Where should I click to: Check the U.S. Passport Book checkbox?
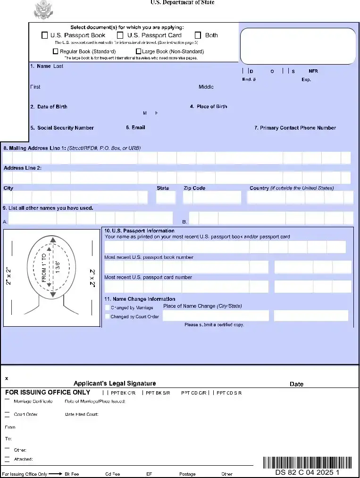[45, 35]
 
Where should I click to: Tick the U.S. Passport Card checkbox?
[120, 35]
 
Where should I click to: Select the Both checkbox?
[198, 35]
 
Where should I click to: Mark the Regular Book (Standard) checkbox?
[56, 51]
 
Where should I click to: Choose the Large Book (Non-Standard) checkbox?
[139, 51]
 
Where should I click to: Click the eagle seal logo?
[43, 10]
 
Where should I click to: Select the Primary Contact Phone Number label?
[298, 128]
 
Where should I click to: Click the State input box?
[165, 197]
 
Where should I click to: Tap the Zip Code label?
[194, 188]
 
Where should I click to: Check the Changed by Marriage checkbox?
[108, 308]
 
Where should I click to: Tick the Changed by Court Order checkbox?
[108, 317]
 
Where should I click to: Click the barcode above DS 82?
[307, 462]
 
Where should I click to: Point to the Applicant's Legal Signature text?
[115, 383]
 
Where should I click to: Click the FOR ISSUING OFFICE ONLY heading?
[48, 392]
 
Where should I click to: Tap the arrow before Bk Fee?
[56, 474]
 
